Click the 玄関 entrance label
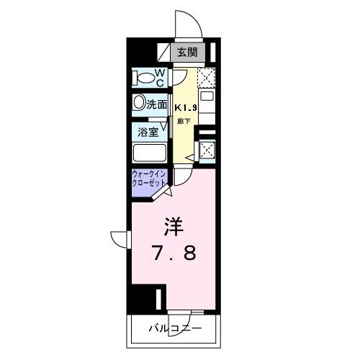[x=188, y=52]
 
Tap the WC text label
[x=161, y=76]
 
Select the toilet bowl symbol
[x=144, y=76]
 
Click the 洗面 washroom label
[x=157, y=104]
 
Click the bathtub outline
[x=150, y=153]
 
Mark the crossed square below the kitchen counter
[x=207, y=150]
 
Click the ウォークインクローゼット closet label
[x=150, y=179]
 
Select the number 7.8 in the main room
[x=173, y=254]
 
